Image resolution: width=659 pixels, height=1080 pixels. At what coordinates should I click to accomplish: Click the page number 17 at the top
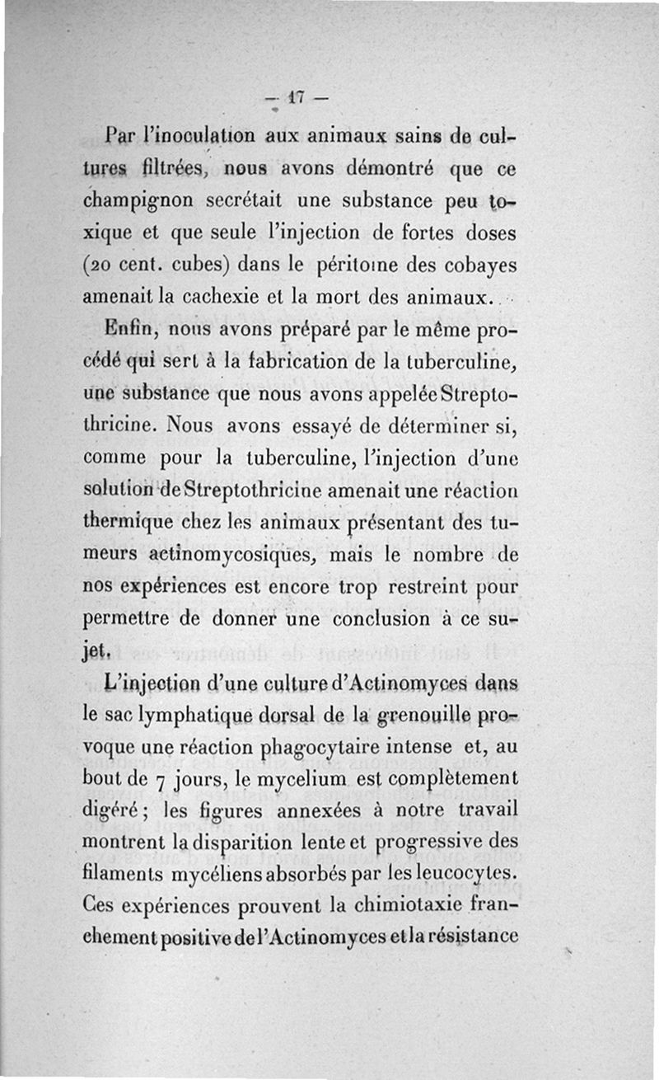(x=296, y=97)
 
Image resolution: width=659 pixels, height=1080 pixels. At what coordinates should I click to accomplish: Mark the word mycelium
(x=325, y=779)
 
